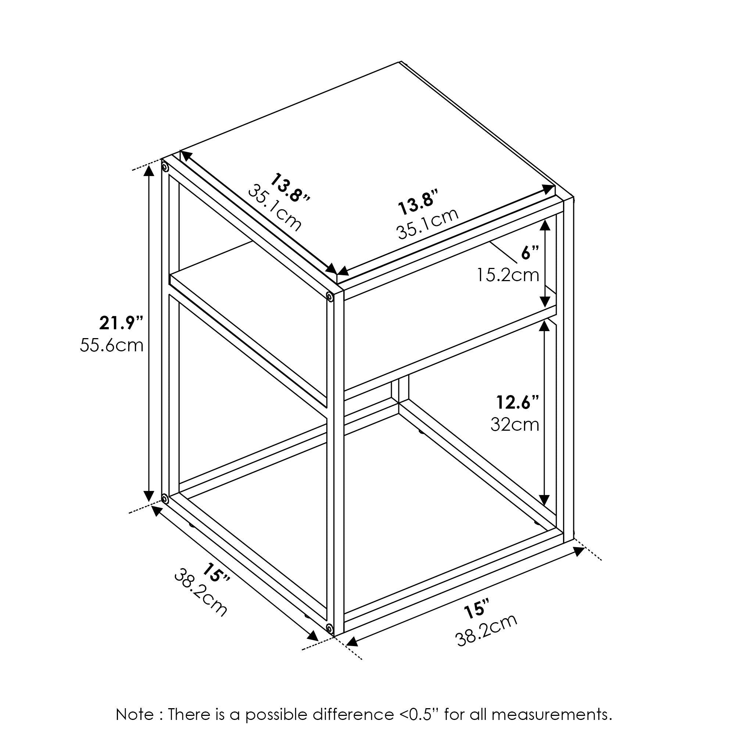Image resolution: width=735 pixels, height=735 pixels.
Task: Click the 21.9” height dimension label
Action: (x=121, y=323)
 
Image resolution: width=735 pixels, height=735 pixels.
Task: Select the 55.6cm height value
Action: (x=111, y=346)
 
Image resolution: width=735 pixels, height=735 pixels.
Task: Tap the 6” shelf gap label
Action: (x=530, y=253)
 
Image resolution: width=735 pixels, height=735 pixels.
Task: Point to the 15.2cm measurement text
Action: (x=508, y=275)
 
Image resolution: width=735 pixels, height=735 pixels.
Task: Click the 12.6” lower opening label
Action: (x=518, y=402)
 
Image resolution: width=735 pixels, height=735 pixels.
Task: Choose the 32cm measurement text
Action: (x=515, y=424)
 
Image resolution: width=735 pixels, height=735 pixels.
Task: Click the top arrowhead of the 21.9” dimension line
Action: (x=149, y=172)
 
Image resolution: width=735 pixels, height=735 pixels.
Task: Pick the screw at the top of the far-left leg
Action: (x=165, y=167)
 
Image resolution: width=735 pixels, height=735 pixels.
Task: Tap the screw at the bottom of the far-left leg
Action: (x=165, y=498)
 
